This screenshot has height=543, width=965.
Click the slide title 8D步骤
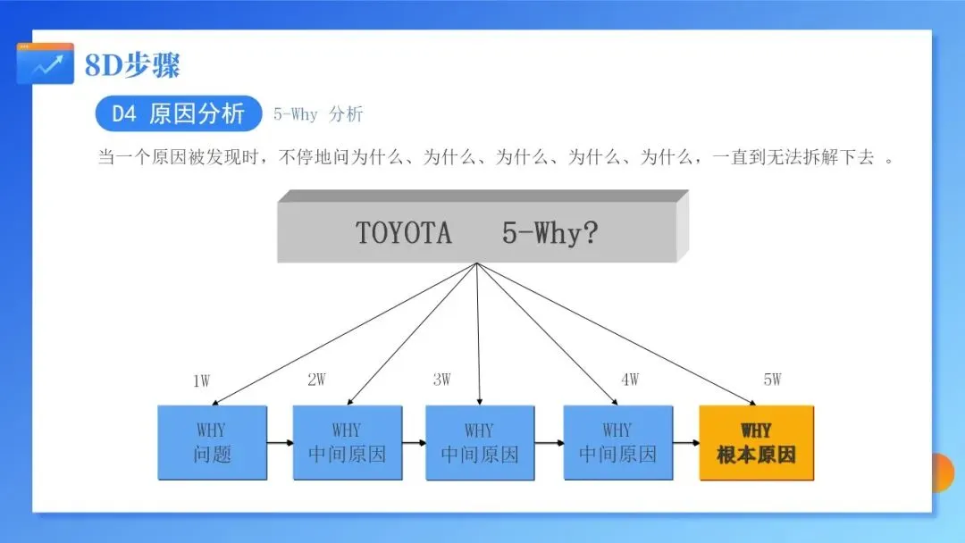pyautogui.click(x=132, y=65)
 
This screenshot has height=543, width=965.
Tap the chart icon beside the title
pyautogui.click(x=46, y=64)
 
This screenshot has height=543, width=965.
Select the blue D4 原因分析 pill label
pyautogui.click(x=178, y=114)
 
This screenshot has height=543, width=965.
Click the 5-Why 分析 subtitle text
pyautogui.click(x=318, y=115)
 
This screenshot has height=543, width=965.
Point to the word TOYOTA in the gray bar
pyautogui.click(x=404, y=233)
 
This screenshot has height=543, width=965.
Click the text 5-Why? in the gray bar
pyautogui.click(x=550, y=233)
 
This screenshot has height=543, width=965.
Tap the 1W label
pyautogui.click(x=202, y=381)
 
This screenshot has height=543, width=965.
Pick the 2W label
pyautogui.click(x=316, y=380)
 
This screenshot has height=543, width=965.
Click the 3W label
pyautogui.click(x=441, y=380)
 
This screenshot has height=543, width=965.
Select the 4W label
pyautogui.click(x=630, y=380)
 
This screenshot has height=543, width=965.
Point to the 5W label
pyautogui.click(x=772, y=380)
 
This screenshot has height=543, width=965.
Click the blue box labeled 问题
pyautogui.click(x=212, y=443)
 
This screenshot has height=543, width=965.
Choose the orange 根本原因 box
pyautogui.click(x=756, y=443)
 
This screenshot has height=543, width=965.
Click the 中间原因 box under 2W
pyautogui.click(x=347, y=443)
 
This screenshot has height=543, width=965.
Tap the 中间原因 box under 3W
pyautogui.click(x=479, y=443)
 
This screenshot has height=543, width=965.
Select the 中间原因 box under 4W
pyautogui.click(x=617, y=443)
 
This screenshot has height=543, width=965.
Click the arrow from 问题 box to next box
pyautogui.click(x=280, y=442)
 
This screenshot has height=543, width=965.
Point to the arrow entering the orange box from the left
pyautogui.click(x=685, y=442)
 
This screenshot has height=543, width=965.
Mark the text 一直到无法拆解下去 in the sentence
pyautogui.click(x=793, y=158)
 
